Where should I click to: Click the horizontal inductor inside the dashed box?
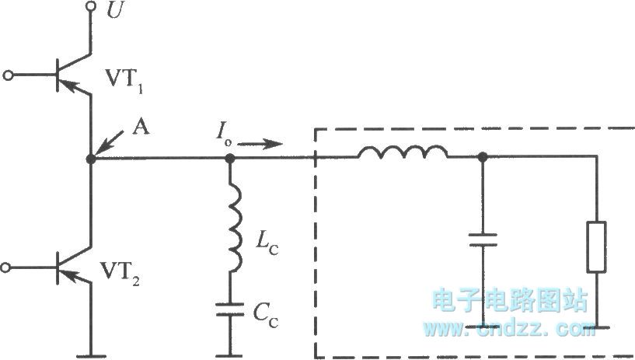403,153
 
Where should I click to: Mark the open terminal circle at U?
91,8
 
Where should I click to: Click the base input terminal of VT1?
9,75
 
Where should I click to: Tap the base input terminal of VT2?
9,268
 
